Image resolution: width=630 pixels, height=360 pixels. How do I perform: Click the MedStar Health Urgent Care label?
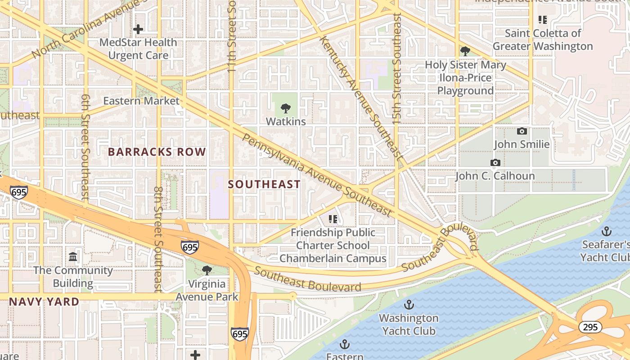pyautogui.click(x=138, y=49)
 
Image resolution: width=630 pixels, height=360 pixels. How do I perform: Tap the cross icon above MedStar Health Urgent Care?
pyautogui.click(x=138, y=30)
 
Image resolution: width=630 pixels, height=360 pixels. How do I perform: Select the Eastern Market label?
pyautogui.click(x=141, y=101)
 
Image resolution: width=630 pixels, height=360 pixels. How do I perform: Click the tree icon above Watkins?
pyautogui.click(x=285, y=108)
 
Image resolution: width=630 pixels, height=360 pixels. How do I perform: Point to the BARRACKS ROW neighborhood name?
pyautogui.click(x=157, y=152)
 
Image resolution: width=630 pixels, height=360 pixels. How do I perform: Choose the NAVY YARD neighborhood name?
pyautogui.click(x=44, y=302)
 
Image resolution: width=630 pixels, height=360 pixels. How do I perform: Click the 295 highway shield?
pyautogui.click(x=590, y=327)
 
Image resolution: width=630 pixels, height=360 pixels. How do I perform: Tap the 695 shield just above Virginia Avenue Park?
pyautogui.click(x=190, y=247)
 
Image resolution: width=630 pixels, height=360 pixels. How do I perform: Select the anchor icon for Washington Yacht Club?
pyautogui.click(x=409, y=305)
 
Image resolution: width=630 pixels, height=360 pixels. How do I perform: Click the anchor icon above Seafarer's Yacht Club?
pyautogui.click(x=607, y=232)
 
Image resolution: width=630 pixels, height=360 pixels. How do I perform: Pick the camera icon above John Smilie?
pyautogui.click(x=522, y=131)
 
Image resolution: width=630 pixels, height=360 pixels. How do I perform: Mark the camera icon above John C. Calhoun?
pyautogui.click(x=495, y=163)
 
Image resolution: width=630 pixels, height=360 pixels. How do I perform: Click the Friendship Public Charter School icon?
pyautogui.click(x=333, y=219)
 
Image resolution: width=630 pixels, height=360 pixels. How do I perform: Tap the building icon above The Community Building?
pyautogui.click(x=73, y=257)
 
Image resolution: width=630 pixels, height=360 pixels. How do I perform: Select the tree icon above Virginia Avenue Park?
pyautogui.click(x=207, y=270)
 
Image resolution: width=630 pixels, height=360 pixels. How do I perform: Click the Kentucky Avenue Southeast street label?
pyautogui.click(x=360, y=97)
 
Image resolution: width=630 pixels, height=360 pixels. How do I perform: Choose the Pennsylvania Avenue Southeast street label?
pyautogui.click(x=317, y=175)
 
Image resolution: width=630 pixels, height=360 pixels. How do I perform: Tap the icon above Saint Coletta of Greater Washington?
pyautogui.click(x=543, y=20)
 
